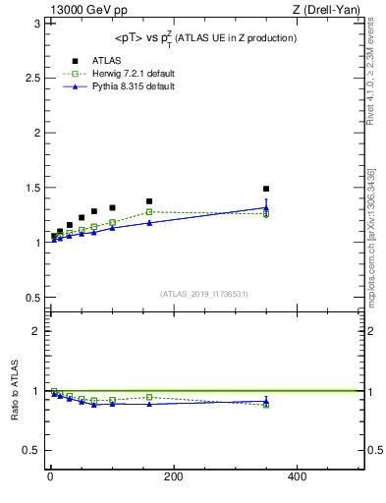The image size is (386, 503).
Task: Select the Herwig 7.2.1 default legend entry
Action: click(x=114, y=74)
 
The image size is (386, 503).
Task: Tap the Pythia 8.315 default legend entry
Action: click(x=112, y=86)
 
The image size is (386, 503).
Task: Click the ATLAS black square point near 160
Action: click(x=149, y=201)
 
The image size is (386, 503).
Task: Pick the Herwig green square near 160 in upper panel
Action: click(x=149, y=211)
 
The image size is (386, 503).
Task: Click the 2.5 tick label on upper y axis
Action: click(x=34, y=78)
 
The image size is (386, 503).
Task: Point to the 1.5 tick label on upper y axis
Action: click(x=34, y=188)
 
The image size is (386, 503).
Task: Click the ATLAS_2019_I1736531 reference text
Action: click(x=203, y=294)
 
